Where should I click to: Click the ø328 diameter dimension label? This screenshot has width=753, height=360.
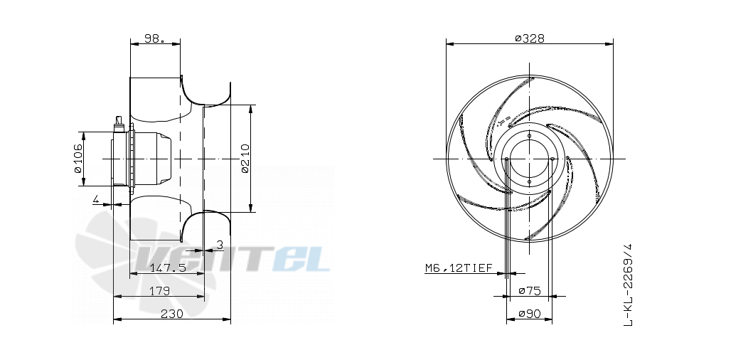[530, 38]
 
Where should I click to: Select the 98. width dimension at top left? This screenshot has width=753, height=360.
[154, 38]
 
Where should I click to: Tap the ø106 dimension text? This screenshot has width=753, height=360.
[78, 158]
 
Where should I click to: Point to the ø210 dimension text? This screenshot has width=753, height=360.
[245, 158]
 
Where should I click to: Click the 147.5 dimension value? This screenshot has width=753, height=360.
[168, 268]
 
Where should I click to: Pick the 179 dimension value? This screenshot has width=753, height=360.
[159, 291]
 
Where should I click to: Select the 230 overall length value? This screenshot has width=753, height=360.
[172, 314]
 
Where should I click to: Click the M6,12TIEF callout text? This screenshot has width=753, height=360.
[459, 268]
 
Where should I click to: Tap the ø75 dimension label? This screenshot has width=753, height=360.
[530, 291]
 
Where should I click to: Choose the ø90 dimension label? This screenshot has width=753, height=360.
[530, 314]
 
